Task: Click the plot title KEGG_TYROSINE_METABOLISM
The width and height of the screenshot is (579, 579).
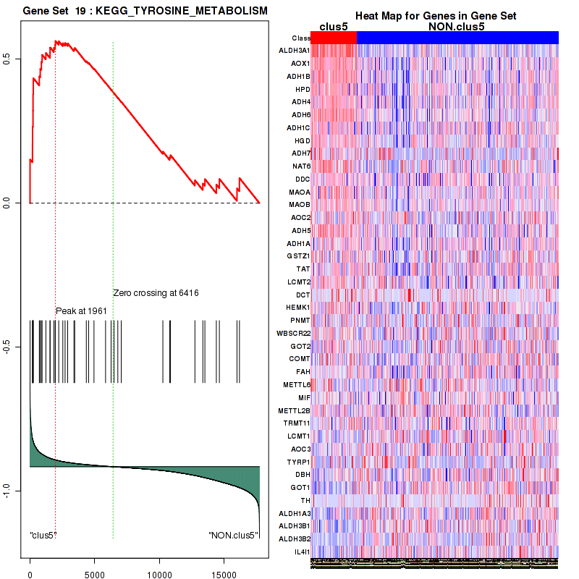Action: click(x=145, y=12)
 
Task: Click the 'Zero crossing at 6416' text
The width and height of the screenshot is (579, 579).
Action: click(x=156, y=293)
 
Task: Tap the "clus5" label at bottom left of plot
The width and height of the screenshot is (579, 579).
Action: click(x=43, y=536)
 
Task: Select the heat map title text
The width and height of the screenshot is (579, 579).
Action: click(x=434, y=16)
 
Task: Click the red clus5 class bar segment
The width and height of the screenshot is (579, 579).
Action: click(x=334, y=38)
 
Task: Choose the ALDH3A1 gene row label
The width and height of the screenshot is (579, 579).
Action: click(x=295, y=51)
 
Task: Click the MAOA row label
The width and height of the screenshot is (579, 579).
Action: click(x=299, y=192)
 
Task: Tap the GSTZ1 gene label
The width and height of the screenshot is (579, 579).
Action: click(x=298, y=256)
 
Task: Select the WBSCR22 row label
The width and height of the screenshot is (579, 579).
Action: click(x=293, y=333)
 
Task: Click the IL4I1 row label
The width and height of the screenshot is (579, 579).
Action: click(x=300, y=551)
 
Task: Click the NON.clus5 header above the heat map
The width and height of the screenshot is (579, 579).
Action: click(x=457, y=27)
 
